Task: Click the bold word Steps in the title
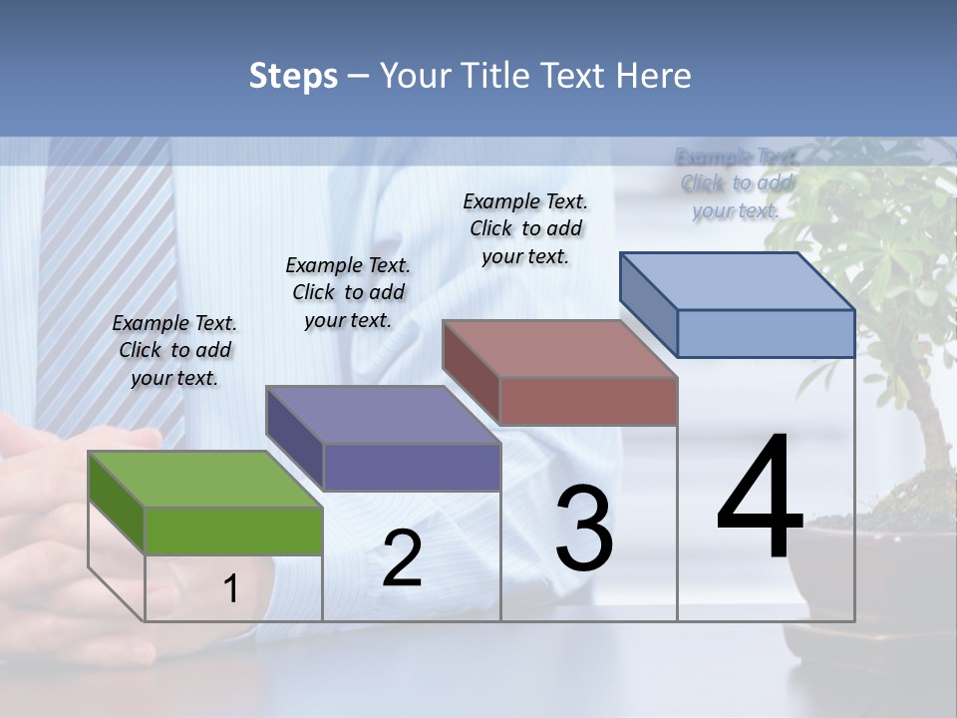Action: pyautogui.click(x=293, y=76)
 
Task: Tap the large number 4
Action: pyautogui.click(x=760, y=499)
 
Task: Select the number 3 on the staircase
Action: pyautogui.click(x=583, y=529)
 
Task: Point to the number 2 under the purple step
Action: pyautogui.click(x=402, y=558)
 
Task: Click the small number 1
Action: pyautogui.click(x=230, y=589)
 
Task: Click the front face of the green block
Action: pyautogui.click(x=233, y=531)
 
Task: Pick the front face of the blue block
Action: pyautogui.click(x=766, y=333)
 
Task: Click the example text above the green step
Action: pyautogui.click(x=174, y=350)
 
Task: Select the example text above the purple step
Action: pyautogui.click(x=348, y=292)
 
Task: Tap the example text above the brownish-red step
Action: pyautogui.click(x=525, y=228)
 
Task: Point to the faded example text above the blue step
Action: pyautogui.click(x=736, y=183)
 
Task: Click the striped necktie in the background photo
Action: pyautogui.click(x=90, y=279)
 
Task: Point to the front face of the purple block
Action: pyautogui.click(x=412, y=467)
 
